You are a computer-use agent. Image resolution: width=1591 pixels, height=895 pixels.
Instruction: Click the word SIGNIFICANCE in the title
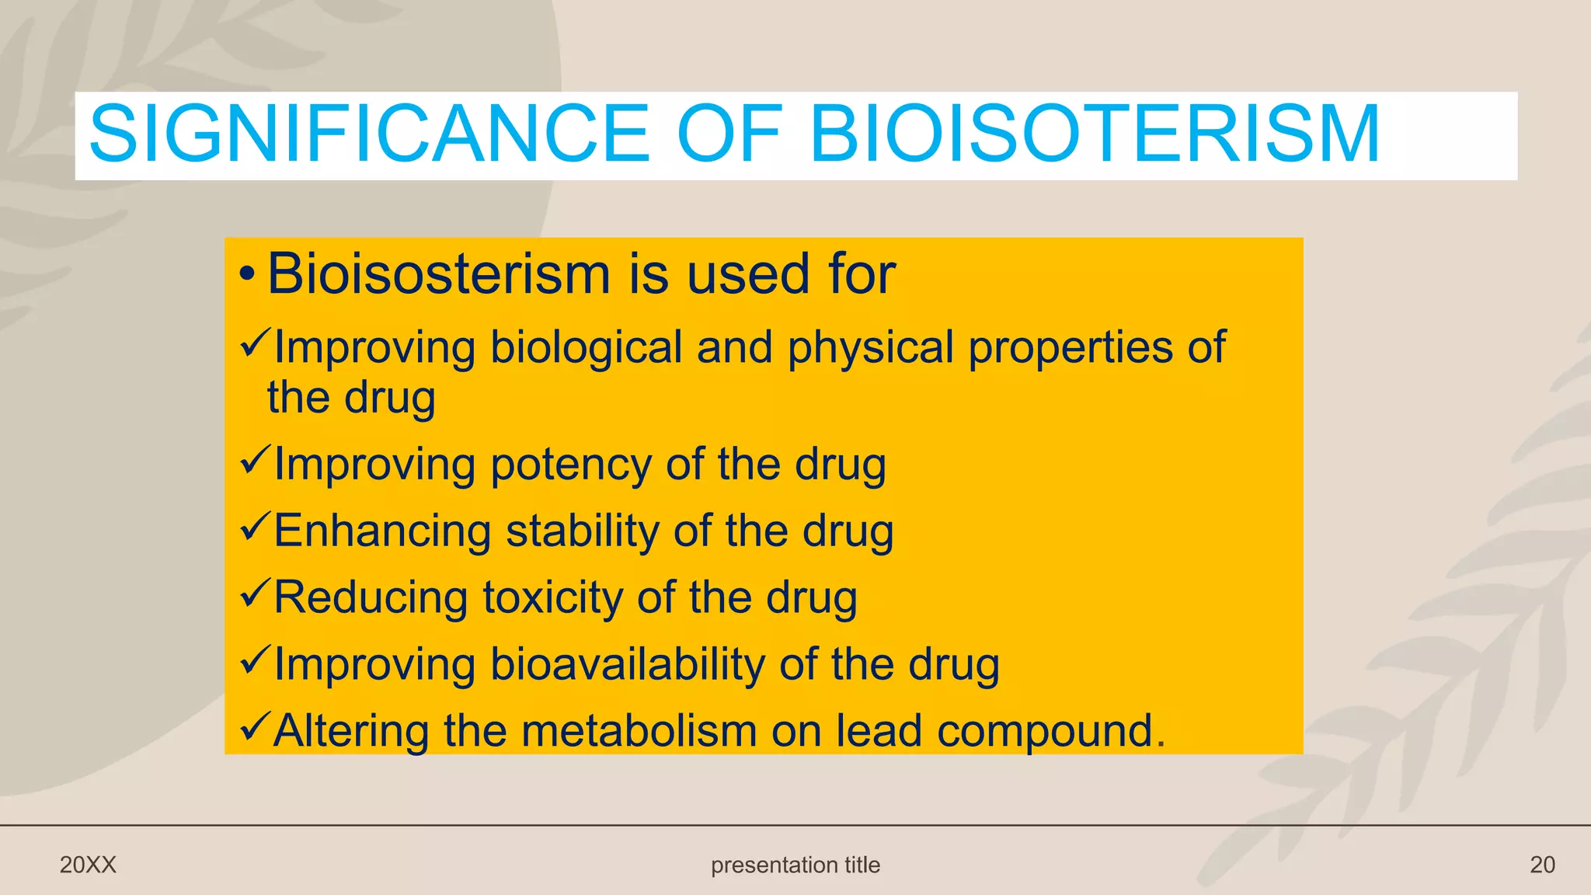click(369, 134)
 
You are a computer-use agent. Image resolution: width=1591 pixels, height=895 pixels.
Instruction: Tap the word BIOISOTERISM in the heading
click(1095, 134)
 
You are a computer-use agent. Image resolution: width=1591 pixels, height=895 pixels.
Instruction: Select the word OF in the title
click(729, 134)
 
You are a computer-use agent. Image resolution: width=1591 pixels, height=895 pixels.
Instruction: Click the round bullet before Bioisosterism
click(247, 274)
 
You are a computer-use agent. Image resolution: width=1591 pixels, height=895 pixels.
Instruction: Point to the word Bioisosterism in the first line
click(439, 274)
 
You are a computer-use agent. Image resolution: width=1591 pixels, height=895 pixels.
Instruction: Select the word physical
click(870, 347)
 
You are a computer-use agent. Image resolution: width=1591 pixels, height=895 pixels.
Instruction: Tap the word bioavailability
click(628, 665)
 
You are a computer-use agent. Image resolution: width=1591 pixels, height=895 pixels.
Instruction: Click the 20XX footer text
click(88, 865)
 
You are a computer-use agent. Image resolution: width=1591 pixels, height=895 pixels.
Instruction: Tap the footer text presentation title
click(795, 865)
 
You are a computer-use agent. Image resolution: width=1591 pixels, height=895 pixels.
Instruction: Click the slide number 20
click(1542, 865)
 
